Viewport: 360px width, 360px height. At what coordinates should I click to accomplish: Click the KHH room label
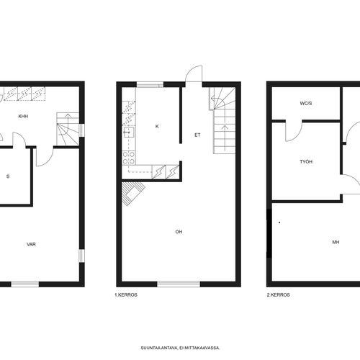point(23,117)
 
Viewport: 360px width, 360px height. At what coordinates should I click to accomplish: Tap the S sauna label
point(8,176)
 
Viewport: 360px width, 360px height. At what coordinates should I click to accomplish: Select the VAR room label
point(31,244)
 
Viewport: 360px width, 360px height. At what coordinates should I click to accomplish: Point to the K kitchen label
point(157,126)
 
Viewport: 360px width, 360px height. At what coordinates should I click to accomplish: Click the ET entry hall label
point(197,135)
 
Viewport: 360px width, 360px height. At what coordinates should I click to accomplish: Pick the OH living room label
point(179,232)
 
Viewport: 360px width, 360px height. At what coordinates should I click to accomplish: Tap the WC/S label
point(306,104)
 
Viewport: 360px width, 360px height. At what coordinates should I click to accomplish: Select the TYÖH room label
point(306,162)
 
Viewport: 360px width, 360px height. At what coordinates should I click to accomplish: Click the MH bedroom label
point(336,243)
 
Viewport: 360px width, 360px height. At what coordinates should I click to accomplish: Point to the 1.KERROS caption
point(126,295)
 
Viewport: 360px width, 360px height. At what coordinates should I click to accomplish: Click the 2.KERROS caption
point(279,295)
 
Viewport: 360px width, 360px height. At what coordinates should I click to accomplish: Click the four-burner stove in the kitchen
point(129,158)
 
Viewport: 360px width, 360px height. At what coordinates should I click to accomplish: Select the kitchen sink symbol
point(129,132)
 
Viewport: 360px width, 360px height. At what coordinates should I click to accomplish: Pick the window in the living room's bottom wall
point(179,284)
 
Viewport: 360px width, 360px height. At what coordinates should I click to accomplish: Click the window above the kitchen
point(150,84)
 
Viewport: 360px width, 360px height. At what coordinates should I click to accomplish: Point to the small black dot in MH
point(279,222)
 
